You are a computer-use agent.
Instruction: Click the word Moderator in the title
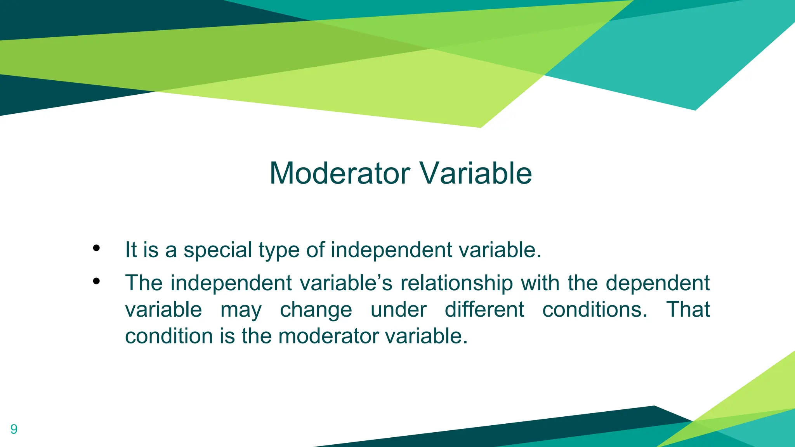coord(340,173)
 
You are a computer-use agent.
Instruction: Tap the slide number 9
coord(14,429)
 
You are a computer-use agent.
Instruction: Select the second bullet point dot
coord(96,281)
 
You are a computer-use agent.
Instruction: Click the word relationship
coord(457,283)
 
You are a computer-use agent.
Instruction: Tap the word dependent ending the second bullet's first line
coord(658,283)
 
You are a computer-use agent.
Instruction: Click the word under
coord(398,310)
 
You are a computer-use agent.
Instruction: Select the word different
coord(484,310)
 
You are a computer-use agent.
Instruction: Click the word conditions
coord(595,310)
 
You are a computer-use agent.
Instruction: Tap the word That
coord(688,310)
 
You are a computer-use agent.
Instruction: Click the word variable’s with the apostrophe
coord(346,283)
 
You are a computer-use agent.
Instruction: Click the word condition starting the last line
coord(169,336)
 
